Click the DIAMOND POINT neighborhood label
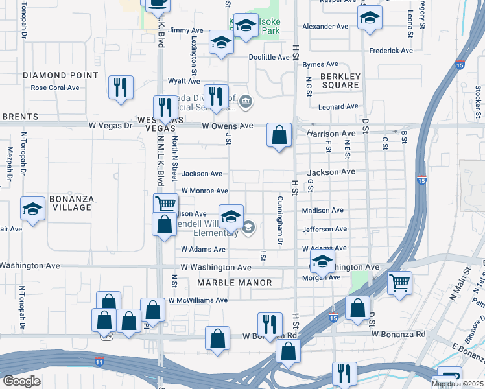point(60,75)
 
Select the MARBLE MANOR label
point(228,283)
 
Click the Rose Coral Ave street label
point(55,88)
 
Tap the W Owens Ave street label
point(227,126)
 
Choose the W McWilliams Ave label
point(198,300)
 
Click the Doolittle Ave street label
point(270,57)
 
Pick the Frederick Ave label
point(391,51)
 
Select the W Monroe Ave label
point(204,191)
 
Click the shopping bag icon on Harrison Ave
point(279,136)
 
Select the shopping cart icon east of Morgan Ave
point(399,283)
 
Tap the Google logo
point(21,381)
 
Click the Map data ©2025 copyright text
point(456,384)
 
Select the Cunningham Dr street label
point(281,220)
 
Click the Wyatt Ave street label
point(184,81)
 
